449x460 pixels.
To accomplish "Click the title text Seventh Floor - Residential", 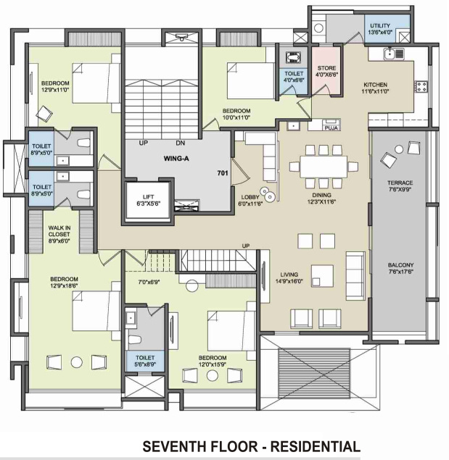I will coord(251,446).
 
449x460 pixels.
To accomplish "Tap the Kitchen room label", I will coord(376,88).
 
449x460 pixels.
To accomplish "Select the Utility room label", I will coord(381,28).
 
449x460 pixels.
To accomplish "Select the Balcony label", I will coord(400,269).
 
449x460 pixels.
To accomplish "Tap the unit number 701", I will coord(223,174).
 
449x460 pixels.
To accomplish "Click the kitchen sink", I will coord(394,53).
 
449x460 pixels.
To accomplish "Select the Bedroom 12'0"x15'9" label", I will coord(214,361).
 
